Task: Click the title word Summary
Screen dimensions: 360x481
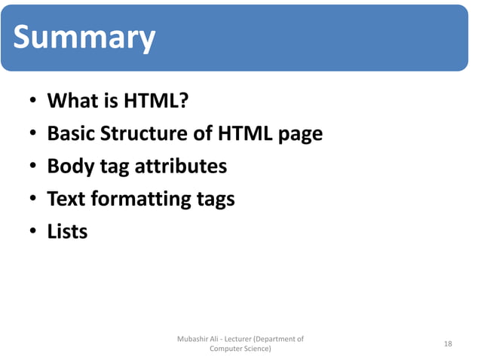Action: coord(84,38)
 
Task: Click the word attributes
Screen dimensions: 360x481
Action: coord(181,166)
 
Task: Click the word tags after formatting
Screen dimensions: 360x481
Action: coord(215,200)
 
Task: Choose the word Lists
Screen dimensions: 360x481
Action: coord(68,231)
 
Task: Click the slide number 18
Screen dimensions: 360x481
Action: coord(448,344)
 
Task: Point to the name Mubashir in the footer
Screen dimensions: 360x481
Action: coord(193,339)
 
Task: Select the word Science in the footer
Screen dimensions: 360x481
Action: coord(254,349)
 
